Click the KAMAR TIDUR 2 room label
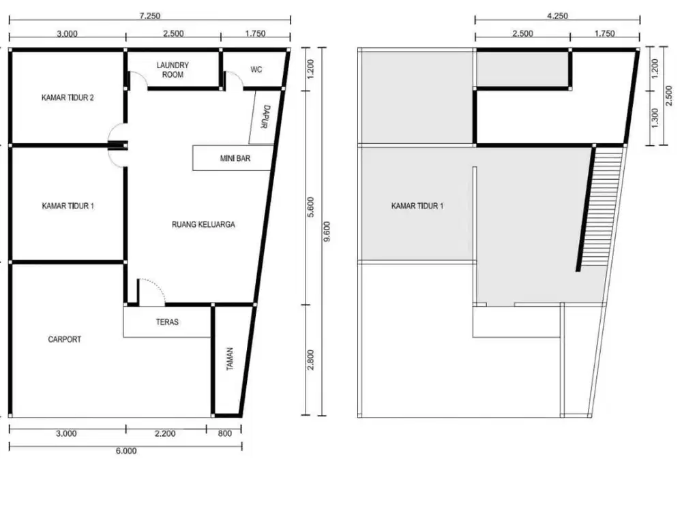coord(68,97)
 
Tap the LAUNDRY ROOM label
coord(173,69)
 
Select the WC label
coord(256,69)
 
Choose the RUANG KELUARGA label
coord(203,224)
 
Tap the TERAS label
coord(167,322)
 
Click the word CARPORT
coord(64,339)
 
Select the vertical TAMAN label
coord(230,360)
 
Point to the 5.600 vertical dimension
coord(311,205)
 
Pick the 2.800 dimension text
coord(311,359)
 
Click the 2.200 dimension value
coord(166,433)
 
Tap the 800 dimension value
coord(224,433)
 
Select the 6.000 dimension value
coord(125,450)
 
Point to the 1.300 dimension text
coord(655,117)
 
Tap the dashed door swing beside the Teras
coord(151,290)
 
